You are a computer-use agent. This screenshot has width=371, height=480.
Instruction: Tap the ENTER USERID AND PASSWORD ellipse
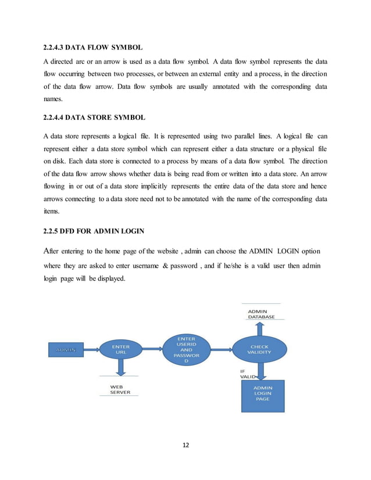coord(187,350)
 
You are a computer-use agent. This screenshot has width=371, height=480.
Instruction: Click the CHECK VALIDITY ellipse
coord(259,349)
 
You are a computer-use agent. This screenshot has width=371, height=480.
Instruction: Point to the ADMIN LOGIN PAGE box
coord(262,395)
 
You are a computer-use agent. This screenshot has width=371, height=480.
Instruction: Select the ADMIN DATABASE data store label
coord(261,314)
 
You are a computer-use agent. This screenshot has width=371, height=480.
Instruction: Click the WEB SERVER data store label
coord(120,389)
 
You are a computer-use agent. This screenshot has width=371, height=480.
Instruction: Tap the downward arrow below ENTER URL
coord(120,368)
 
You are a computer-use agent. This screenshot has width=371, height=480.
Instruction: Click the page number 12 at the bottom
coord(185,445)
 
